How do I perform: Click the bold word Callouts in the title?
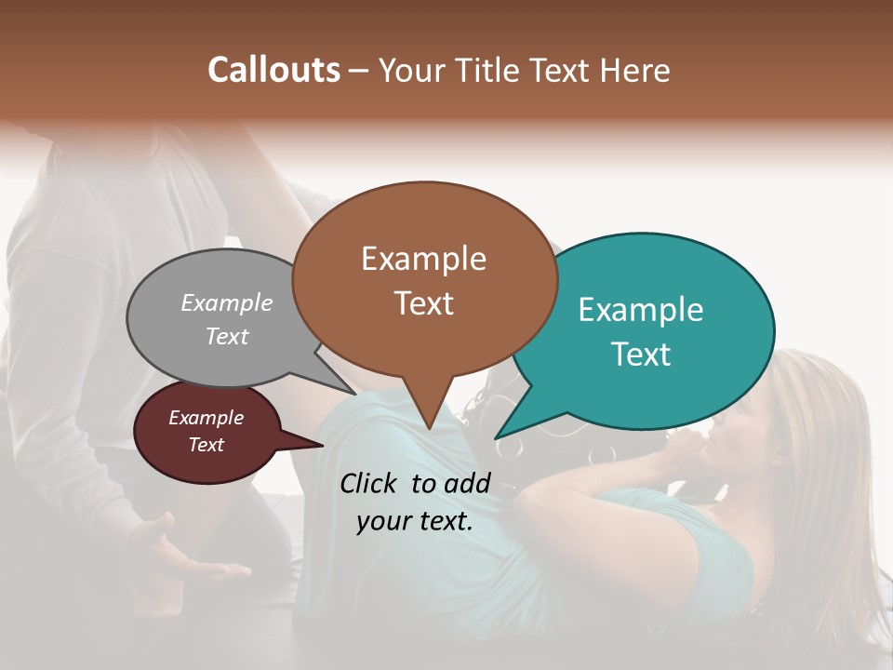273,70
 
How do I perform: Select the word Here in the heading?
635,70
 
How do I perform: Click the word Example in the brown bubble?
423,259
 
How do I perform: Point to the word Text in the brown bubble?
423,302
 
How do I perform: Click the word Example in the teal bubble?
641,310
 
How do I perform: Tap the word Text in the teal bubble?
641,354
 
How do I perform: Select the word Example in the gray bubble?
227,302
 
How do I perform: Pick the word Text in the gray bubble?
227,336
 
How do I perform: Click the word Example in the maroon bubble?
206,418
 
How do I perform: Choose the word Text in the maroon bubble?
206,445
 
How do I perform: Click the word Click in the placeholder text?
371,483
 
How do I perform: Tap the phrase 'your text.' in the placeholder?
415,522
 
